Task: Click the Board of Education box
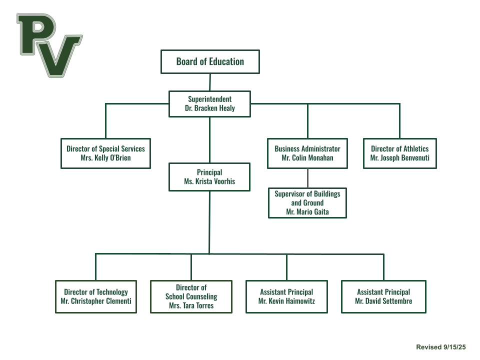(209, 61)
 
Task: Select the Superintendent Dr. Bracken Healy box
(209, 103)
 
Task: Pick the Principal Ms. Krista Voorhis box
(209, 177)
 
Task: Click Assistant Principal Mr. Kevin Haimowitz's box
(286, 296)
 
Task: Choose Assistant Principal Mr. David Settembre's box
(383, 296)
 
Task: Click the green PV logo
(49, 44)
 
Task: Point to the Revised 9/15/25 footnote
(440, 347)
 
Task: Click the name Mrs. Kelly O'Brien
(105, 158)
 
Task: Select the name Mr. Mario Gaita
(307, 212)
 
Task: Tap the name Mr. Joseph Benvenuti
(399, 158)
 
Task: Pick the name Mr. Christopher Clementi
(96, 301)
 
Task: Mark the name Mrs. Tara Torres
(191, 305)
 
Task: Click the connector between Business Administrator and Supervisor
(307, 178)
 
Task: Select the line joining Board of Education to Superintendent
(210, 82)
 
